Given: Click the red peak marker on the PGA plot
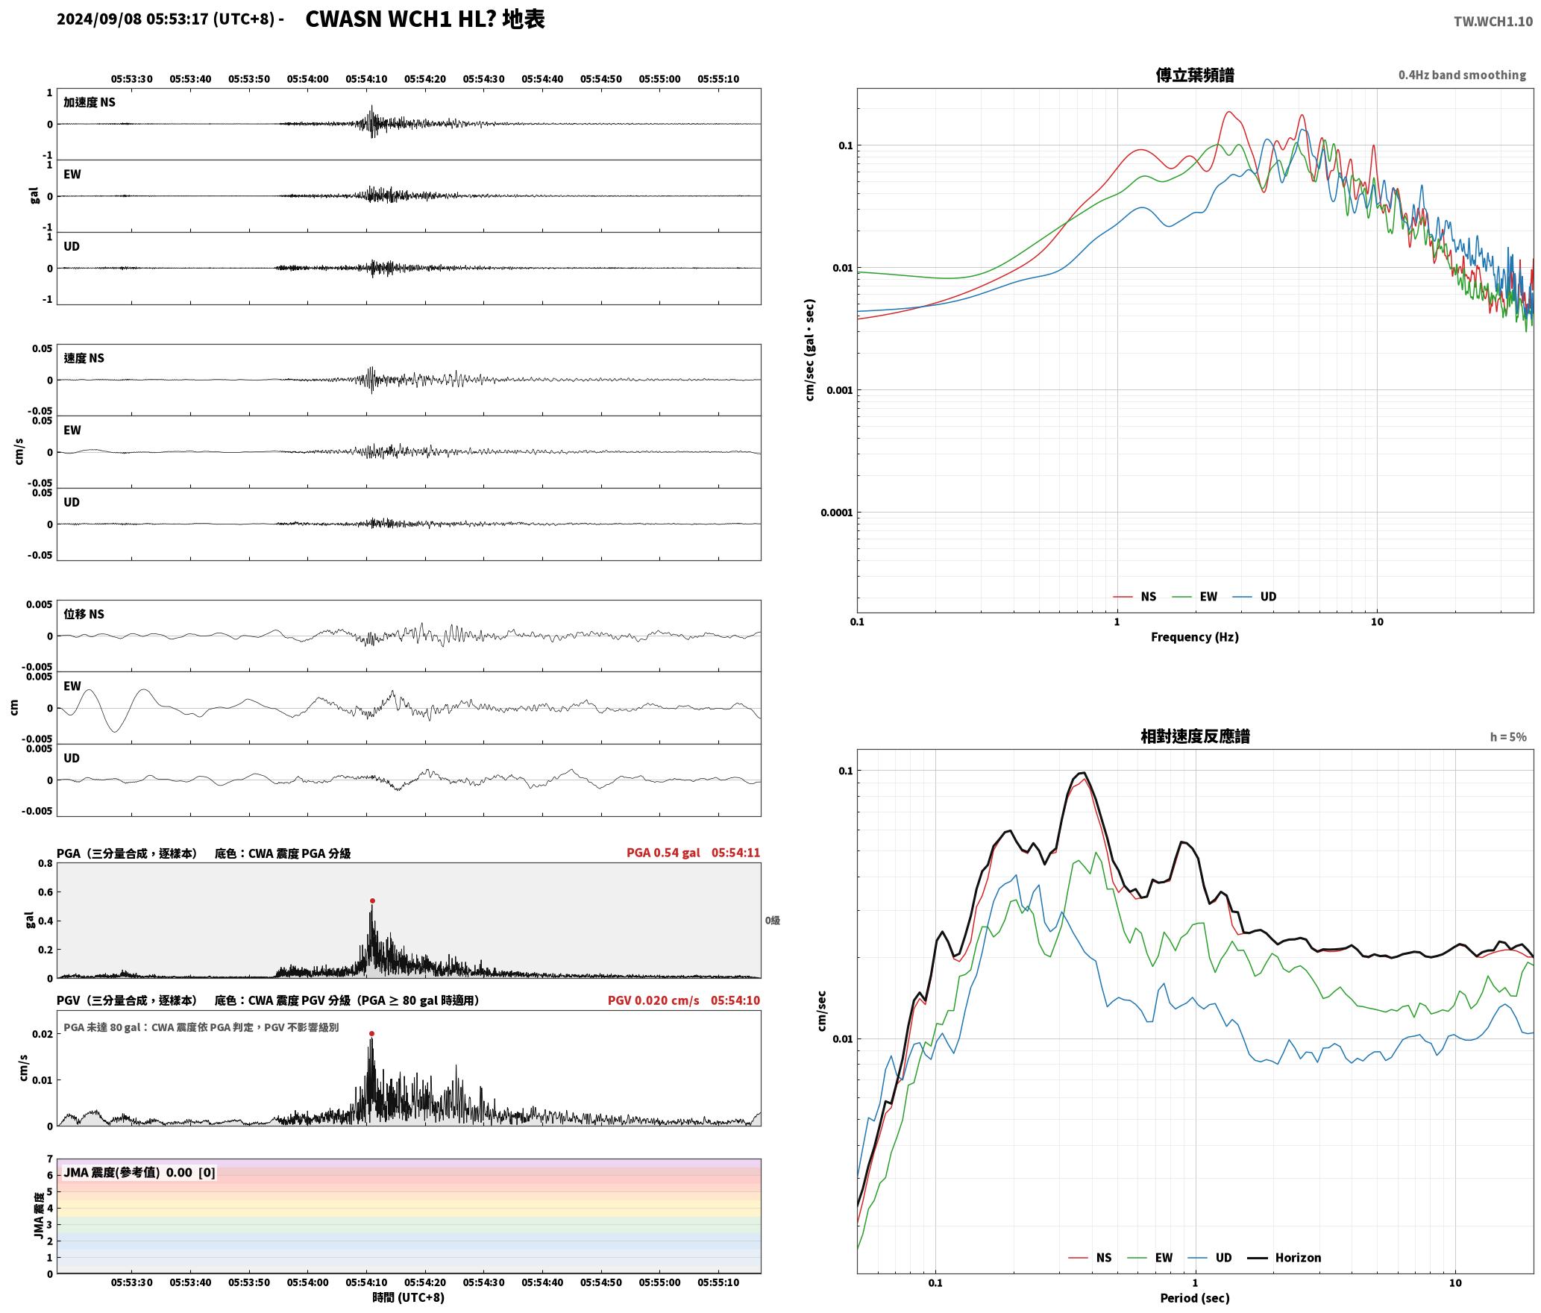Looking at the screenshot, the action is click(372, 900).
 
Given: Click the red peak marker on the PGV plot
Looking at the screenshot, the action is click(371, 1033).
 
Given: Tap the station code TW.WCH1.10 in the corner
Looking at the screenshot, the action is click(1493, 22).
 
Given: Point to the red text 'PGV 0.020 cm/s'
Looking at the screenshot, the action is click(653, 1000).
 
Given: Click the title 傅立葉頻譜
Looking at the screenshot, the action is click(1195, 75).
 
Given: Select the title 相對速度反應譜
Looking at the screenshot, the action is click(1195, 736).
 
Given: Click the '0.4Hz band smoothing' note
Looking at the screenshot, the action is click(1462, 75).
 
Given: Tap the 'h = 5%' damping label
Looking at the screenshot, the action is click(1508, 737).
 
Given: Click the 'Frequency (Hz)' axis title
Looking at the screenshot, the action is click(1194, 636).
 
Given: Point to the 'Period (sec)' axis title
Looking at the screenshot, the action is click(1194, 1298).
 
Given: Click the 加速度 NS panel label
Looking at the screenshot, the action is click(90, 102).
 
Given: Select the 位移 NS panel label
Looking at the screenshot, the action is click(84, 614).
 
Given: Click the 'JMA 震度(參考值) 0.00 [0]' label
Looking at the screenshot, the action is click(139, 1172).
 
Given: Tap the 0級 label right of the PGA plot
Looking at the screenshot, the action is click(772, 921).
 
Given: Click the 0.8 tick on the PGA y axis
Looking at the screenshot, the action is click(45, 863).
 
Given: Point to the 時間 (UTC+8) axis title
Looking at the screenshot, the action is click(409, 1297).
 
